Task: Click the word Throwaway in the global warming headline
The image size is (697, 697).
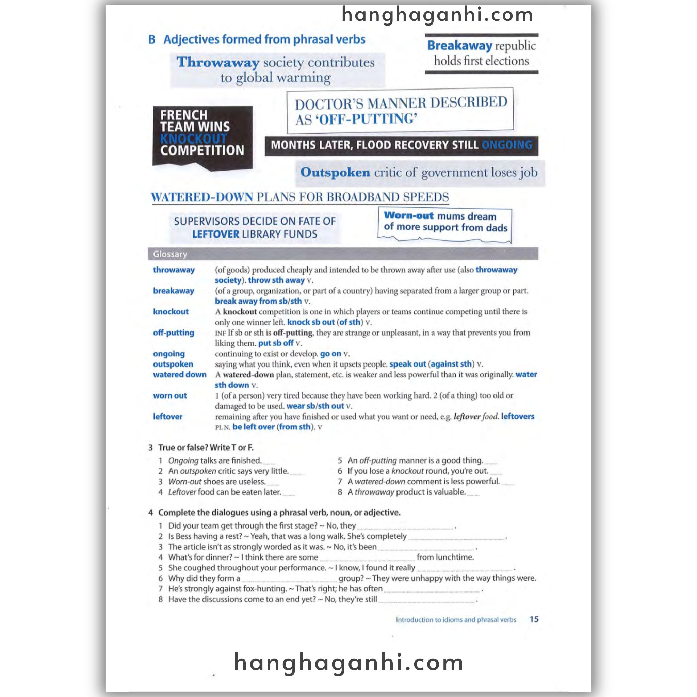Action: coord(217,62)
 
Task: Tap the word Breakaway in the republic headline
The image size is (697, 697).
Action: coord(459,46)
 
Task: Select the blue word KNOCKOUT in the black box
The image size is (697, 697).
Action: coord(193,139)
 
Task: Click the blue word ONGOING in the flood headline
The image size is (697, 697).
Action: coord(506,145)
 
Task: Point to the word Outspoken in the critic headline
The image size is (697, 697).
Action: coord(335,173)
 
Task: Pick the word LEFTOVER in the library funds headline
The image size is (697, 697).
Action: coord(215,234)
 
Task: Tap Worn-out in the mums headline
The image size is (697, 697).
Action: coord(408,216)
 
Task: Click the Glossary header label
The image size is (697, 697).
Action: coord(170,254)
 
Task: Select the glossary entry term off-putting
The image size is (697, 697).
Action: coord(173,333)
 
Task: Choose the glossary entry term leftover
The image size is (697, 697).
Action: coord(167,416)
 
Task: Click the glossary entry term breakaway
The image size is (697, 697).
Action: coord(173,291)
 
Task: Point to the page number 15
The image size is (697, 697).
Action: coord(534,619)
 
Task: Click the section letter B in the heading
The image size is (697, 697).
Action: coord(152,39)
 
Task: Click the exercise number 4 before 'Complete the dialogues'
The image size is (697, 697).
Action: coord(151,513)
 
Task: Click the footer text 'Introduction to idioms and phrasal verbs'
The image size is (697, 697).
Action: coord(456,620)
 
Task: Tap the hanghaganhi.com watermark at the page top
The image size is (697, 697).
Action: coord(437,15)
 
